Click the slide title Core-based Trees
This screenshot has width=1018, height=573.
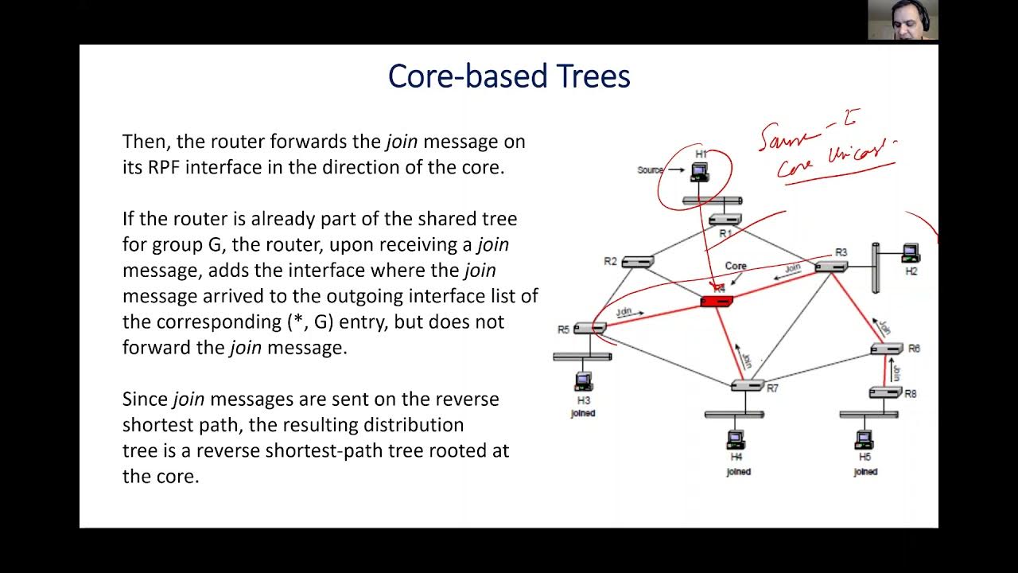pos(509,77)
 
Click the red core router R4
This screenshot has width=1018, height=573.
pos(716,301)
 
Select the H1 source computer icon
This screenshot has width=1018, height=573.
pos(699,171)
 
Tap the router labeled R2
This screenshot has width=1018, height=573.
pos(637,261)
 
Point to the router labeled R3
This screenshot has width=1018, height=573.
pos(830,266)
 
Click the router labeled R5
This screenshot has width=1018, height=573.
pos(589,328)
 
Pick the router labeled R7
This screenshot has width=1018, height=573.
pos(747,385)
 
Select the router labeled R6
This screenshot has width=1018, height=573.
pos(886,349)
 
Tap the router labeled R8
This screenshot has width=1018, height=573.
pos(884,392)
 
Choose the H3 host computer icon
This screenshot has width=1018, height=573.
pos(583,381)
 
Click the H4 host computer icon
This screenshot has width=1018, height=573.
pos(736,439)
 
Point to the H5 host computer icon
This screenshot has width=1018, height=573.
pos(864,439)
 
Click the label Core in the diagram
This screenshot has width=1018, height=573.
pos(736,266)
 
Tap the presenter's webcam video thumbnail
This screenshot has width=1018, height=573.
pos(903,20)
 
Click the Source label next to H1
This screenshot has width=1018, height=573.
pos(649,170)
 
